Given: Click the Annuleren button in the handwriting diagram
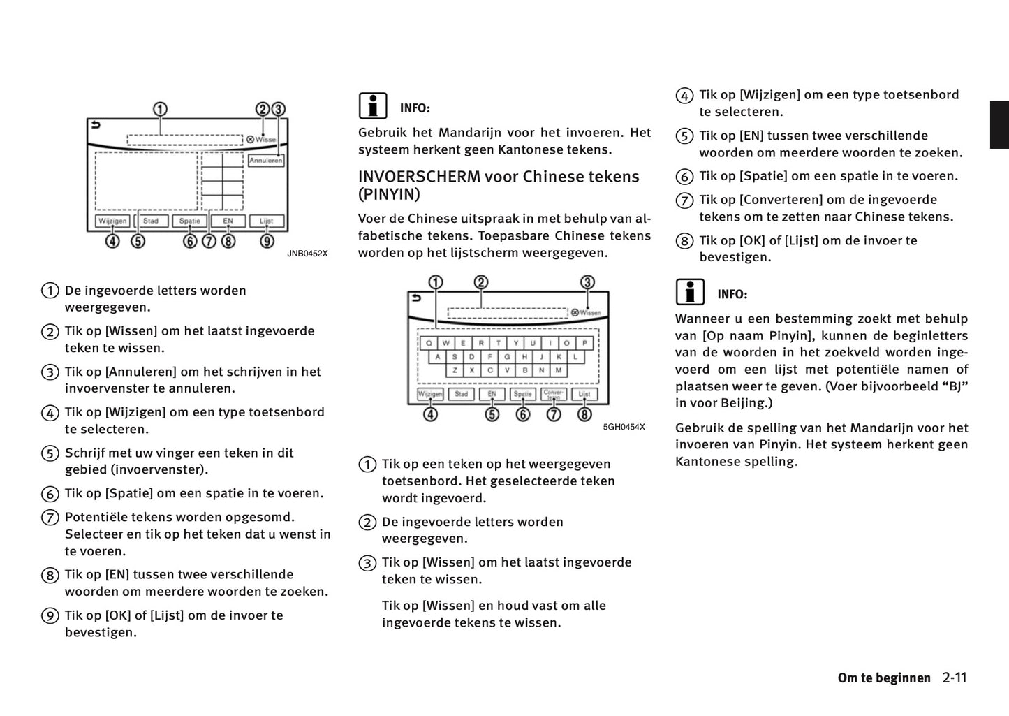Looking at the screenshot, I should [266, 161].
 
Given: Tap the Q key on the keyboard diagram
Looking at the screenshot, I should [428, 343].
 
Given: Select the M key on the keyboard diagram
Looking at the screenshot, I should [559, 370].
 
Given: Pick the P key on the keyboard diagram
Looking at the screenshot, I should [584, 343].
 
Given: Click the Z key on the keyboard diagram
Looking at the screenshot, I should [455, 370].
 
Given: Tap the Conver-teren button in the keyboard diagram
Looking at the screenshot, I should [554, 394].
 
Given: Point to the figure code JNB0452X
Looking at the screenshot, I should [307, 254].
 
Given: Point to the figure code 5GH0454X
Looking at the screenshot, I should [624, 427].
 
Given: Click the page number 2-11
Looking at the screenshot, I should [954, 678].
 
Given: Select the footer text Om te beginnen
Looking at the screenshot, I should [884, 678].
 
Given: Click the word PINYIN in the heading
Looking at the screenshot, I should [389, 194].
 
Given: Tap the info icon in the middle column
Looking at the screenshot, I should [373, 106].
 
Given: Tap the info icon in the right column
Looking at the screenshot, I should [690, 292].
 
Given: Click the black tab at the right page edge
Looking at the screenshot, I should [999, 125].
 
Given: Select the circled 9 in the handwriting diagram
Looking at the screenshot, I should [267, 242].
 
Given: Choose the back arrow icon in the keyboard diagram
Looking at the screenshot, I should [416, 298].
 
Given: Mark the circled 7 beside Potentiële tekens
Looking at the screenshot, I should [50, 518].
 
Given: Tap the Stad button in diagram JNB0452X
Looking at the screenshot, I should [151, 221].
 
